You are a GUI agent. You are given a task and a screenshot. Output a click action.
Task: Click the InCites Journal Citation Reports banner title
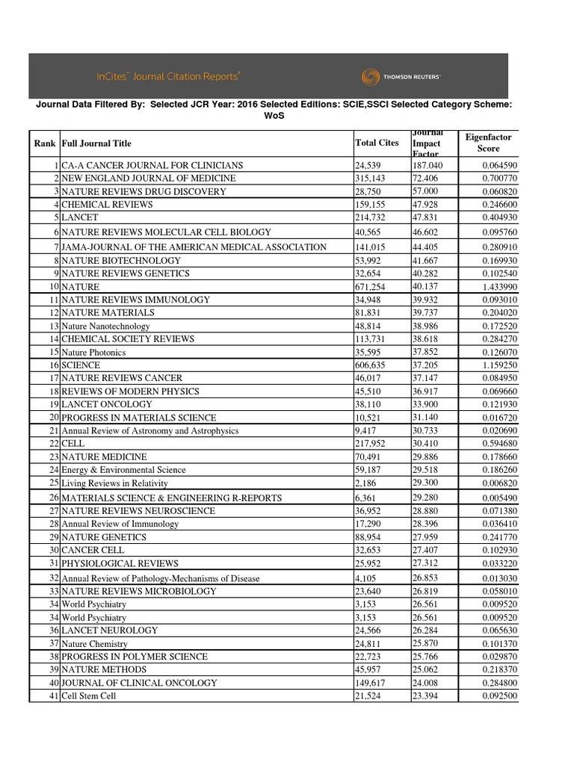pos(169,76)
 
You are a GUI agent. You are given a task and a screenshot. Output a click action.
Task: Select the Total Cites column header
pos(377,142)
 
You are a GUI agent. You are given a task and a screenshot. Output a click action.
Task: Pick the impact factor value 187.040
pos(428,165)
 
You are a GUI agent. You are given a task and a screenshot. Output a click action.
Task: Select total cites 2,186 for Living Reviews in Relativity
pos(366,483)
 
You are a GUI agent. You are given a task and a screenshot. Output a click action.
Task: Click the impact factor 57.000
pos(425,191)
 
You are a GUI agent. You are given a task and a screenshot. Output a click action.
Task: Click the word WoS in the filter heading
pos(274,117)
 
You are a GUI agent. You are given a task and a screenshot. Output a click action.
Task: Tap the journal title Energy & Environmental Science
pos(123,470)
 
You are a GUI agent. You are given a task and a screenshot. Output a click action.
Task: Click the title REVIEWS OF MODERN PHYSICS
pos(130,391)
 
